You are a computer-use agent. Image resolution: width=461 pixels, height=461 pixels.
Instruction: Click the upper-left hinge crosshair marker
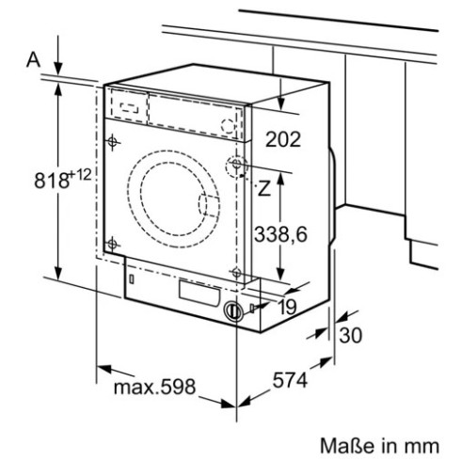coord(114,143)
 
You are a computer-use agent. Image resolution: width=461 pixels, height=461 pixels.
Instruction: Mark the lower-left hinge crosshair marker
coord(114,246)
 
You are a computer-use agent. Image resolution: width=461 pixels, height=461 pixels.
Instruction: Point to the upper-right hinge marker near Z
coord(233,166)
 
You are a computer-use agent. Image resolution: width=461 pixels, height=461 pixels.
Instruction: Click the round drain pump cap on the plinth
coord(232,310)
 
